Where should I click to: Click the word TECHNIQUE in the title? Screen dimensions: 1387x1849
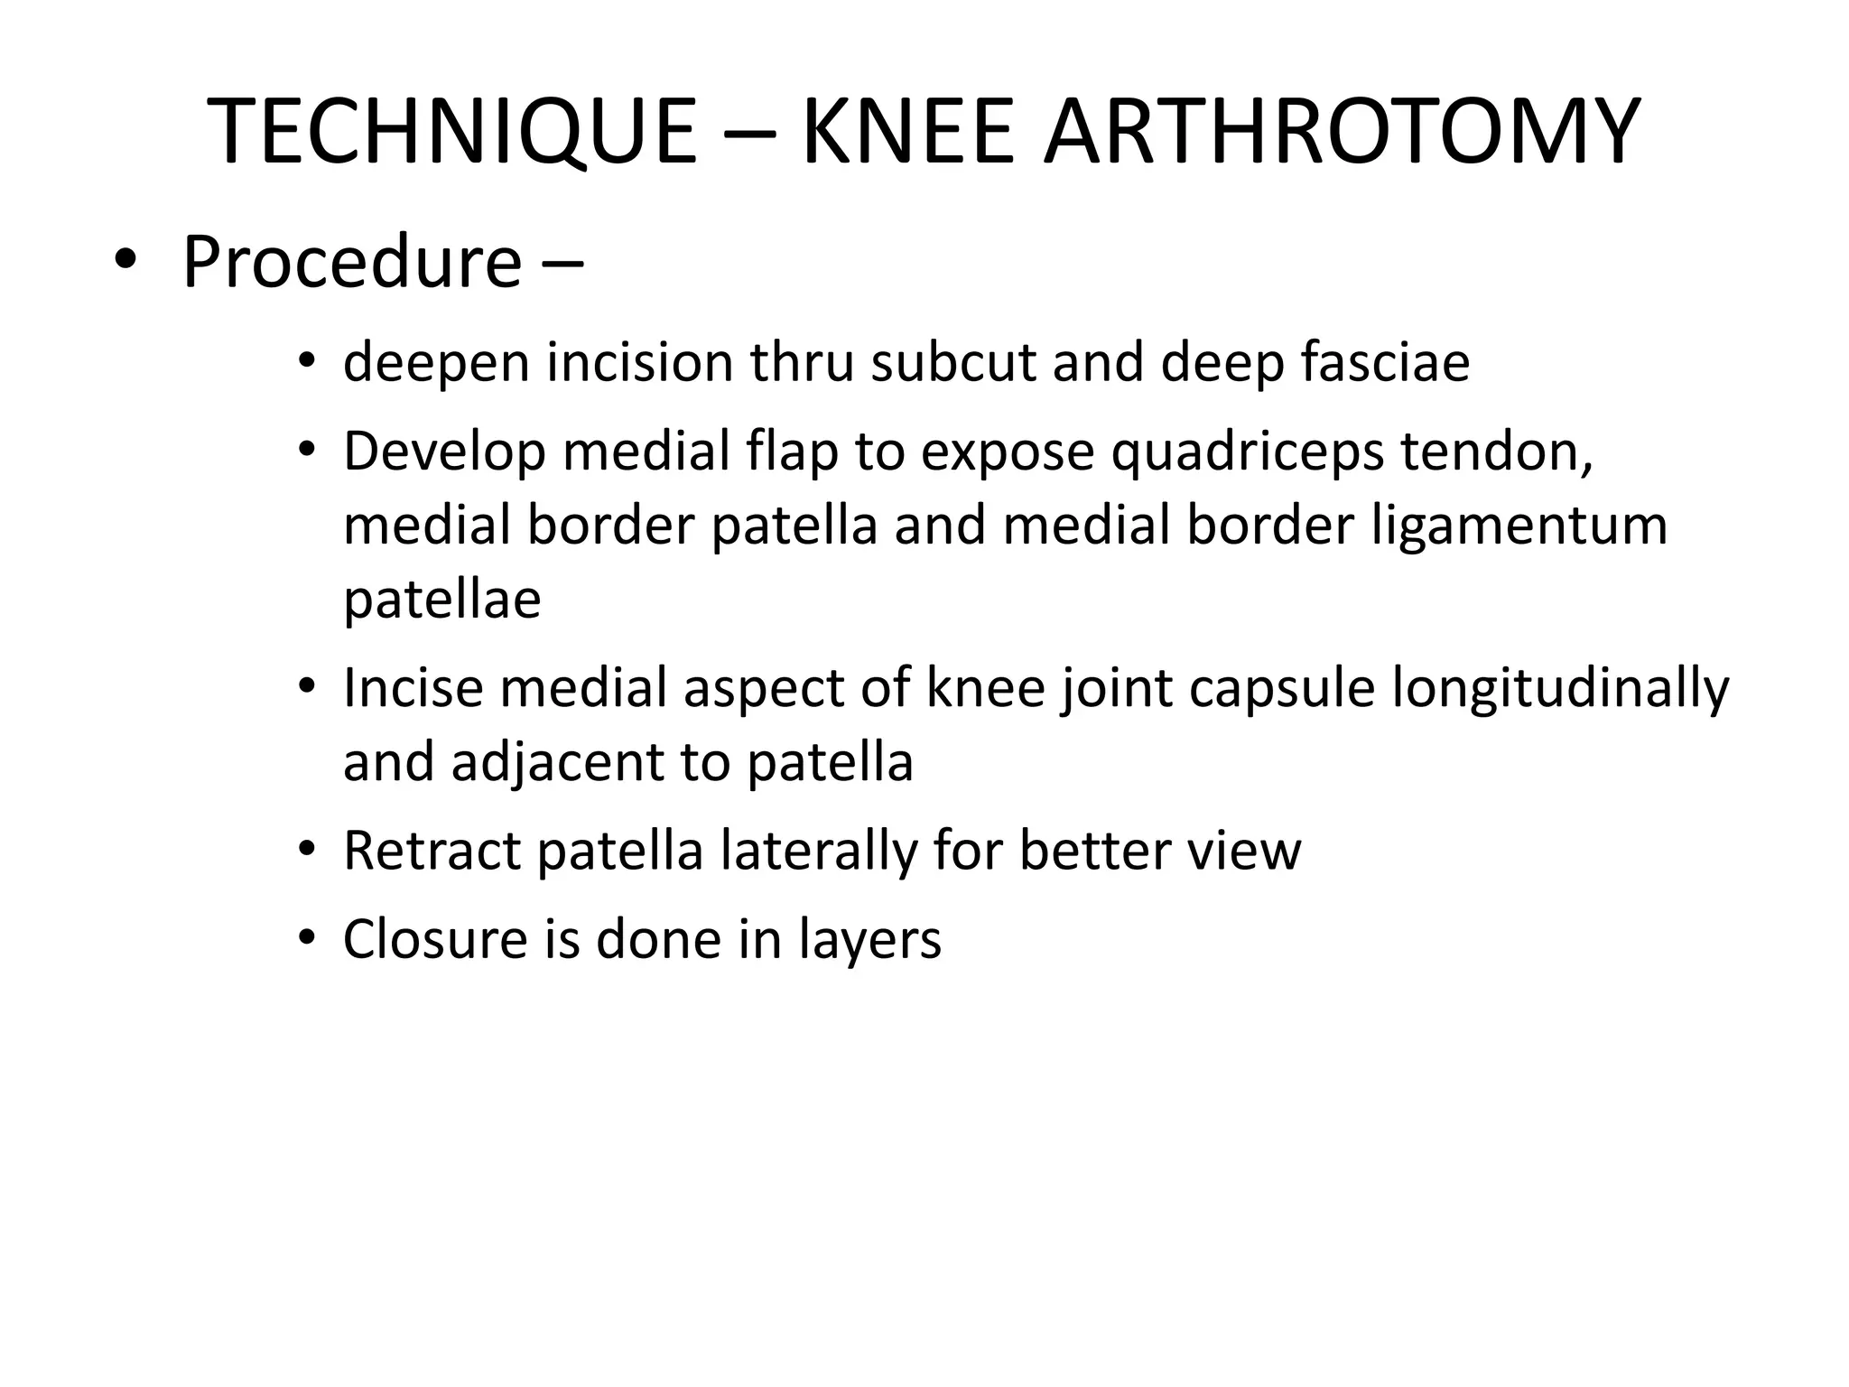(x=451, y=133)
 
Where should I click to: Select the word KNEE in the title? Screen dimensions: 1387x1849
(x=907, y=133)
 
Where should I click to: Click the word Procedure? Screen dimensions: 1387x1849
(x=352, y=263)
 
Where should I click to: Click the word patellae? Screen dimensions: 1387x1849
(x=442, y=600)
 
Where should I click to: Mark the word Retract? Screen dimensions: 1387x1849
(x=432, y=851)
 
